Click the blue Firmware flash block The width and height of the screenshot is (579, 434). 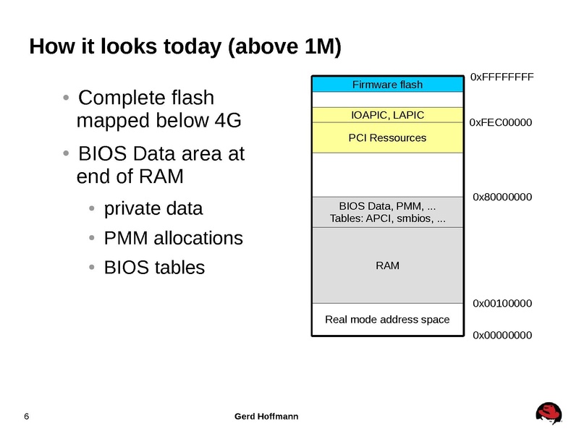coord(387,85)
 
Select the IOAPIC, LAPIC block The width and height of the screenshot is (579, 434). coord(387,115)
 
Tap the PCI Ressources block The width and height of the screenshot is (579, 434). coord(387,137)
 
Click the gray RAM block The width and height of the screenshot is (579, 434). coord(387,265)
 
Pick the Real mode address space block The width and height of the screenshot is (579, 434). coord(387,319)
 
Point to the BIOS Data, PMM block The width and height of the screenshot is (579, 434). coord(387,212)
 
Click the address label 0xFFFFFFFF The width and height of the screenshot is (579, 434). coord(502,76)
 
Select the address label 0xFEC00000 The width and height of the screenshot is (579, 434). coord(501,123)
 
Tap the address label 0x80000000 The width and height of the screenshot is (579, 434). coord(502,196)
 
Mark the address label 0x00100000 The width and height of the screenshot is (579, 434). coord(502,303)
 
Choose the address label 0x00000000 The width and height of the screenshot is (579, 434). coord(502,335)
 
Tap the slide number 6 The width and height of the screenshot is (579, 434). coord(27,416)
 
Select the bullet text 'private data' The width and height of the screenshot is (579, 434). coord(153,209)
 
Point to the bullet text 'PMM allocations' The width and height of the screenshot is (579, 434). coord(174,238)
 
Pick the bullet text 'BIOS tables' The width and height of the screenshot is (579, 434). coord(154,267)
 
